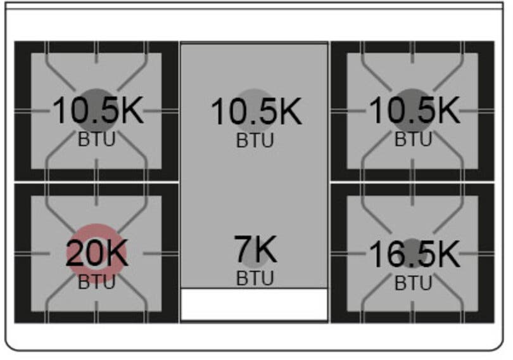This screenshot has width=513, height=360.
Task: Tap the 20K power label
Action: click(97, 253)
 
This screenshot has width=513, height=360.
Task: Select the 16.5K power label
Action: click(414, 254)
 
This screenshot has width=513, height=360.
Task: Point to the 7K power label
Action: click(255, 249)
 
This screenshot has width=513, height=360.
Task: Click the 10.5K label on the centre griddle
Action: click(256, 112)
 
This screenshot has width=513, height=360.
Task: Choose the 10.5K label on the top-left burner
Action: click(98, 110)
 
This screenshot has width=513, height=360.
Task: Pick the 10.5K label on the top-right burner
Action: click(414, 110)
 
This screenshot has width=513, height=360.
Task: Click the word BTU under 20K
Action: click(96, 282)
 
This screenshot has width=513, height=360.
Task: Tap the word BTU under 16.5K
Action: click(413, 283)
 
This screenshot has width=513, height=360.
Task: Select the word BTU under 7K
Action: click(255, 278)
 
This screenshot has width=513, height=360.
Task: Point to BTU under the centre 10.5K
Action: click(255, 141)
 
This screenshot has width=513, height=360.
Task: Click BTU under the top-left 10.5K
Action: click(96, 139)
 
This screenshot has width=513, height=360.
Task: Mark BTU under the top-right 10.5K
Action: click(413, 139)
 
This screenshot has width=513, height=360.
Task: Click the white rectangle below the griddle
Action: click(254, 305)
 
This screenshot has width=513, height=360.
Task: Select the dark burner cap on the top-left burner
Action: click(96, 93)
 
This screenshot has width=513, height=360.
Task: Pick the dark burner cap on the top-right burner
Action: click(412, 93)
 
